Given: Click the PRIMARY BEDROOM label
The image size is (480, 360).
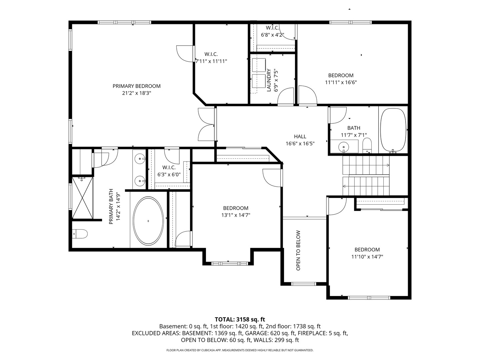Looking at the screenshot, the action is click(x=136, y=86).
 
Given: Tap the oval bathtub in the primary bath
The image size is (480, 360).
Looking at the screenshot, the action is click(x=148, y=221).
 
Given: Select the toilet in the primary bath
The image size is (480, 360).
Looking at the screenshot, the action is click(x=80, y=234).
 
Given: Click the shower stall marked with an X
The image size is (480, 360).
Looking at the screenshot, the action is click(x=82, y=198).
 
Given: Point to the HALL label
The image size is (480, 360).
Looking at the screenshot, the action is click(x=300, y=137).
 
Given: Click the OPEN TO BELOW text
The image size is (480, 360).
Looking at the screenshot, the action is click(x=298, y=250).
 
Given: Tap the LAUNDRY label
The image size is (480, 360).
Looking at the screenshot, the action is click(x=269, y=80).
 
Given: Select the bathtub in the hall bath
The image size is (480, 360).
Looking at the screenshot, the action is click(x=393, y=130).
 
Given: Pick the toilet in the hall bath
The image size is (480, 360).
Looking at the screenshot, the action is click(x=367, y=145).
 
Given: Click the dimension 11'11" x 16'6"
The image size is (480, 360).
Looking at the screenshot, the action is click(x=341, y=82).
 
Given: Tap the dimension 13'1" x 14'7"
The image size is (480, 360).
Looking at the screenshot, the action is click(x=236, y=215).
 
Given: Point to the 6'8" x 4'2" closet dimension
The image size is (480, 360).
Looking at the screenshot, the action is click(x=272, y=35).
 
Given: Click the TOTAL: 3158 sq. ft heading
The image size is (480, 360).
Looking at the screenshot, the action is click(x=240, y=319).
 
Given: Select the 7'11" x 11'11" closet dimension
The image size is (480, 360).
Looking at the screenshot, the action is click(x=211, y=61).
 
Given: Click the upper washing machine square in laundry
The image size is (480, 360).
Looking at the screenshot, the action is click(x=259, y=65).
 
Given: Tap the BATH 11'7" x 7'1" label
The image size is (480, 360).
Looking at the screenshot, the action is click(x=354, y=131).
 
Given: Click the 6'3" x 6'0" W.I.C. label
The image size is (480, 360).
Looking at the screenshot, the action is click(x=169, y=171).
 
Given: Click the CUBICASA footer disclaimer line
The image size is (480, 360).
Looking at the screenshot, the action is click(x=240, y=350).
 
